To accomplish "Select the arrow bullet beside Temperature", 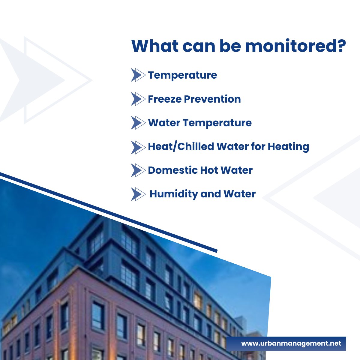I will pos(138,75).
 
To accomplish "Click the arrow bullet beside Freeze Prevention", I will pos(138,99).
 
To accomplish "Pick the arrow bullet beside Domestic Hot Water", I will pos(138,170).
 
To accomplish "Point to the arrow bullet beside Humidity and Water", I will pos(138,194).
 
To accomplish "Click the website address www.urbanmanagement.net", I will pos(291,343).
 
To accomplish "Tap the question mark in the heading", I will pos(341,46).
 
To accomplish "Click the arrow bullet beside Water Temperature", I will pos(138,123).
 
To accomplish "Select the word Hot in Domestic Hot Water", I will pos(209,170).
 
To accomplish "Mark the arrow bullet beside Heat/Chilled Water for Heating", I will pos(138,147).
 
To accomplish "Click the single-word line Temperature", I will pos(182,75).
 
